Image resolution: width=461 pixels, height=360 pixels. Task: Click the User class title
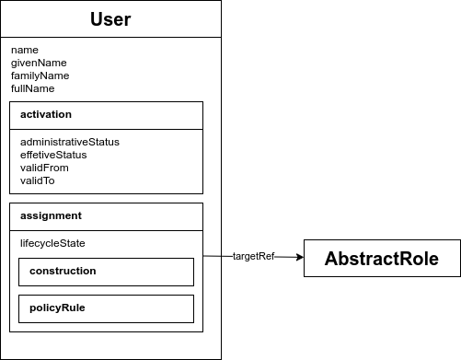click(110, 19)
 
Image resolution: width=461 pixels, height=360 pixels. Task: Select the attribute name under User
click(24, 50)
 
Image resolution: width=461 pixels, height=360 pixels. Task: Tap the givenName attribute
click(39, 63)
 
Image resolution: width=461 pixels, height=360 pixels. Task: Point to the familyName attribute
click(40, 75)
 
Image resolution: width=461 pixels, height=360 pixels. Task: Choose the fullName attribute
click(33, 88)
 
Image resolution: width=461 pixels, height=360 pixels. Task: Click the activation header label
click(46, 115)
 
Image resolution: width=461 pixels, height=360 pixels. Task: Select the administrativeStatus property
click(70, 142)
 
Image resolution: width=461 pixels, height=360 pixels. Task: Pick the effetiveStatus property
click(53, 155)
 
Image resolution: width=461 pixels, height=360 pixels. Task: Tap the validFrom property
click(44, 168)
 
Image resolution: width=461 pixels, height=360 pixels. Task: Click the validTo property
click(38, 180)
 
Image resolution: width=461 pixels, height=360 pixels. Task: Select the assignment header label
click(52, 215)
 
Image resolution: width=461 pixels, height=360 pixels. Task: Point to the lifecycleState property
click(52, 243)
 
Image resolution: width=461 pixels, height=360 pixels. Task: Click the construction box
click(106, 272)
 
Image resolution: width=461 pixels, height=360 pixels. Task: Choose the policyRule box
click(106, 308)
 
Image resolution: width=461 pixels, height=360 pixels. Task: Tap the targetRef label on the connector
click(253, 256)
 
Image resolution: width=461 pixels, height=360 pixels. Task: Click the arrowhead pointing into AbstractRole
click(298, 258)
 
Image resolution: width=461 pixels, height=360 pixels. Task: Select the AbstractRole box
click(381, 259)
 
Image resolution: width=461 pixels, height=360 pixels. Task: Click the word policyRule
click(57, 308)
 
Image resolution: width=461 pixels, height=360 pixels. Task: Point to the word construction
click(63, 272)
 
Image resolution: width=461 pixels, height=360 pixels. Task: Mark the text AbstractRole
click(381, 259)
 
